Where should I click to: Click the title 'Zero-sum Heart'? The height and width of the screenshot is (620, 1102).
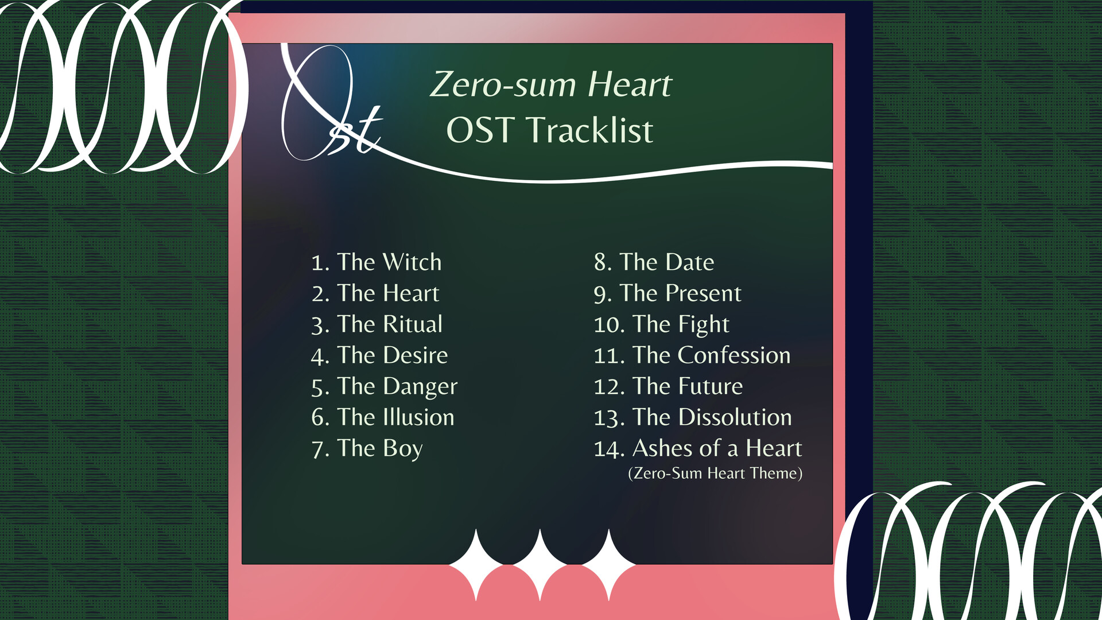click(550, 84)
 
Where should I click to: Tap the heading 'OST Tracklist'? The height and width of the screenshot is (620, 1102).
click(549, 130)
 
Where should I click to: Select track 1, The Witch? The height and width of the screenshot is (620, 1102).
click(377, 262)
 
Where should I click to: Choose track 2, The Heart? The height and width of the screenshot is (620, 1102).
click(375, 293)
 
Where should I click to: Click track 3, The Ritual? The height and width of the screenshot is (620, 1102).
click(377, 324)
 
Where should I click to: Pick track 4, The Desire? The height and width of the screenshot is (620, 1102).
click(379, 355)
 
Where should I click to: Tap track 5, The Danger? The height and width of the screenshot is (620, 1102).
click(385, 386)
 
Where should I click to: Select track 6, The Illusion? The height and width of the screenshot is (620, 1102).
click(383, 417)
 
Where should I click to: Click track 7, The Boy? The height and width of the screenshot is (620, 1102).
click(367, 448)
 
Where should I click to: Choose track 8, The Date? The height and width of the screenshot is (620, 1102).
click(654, 262)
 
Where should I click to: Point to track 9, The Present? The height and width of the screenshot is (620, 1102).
click(668, 293)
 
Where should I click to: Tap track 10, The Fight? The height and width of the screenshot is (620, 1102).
click(661, 324)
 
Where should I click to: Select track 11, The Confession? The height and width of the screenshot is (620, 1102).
click(692, 355)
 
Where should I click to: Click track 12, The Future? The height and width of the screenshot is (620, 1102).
click(668, 386)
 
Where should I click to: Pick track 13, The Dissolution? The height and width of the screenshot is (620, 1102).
click(693, 417)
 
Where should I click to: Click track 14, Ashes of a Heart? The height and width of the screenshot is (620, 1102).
click(698, 448)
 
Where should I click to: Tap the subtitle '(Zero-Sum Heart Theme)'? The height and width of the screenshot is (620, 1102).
click(715, 474)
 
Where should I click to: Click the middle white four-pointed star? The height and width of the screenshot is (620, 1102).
click(540, 565)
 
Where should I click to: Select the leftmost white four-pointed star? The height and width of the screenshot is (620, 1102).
click(476, 565)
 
